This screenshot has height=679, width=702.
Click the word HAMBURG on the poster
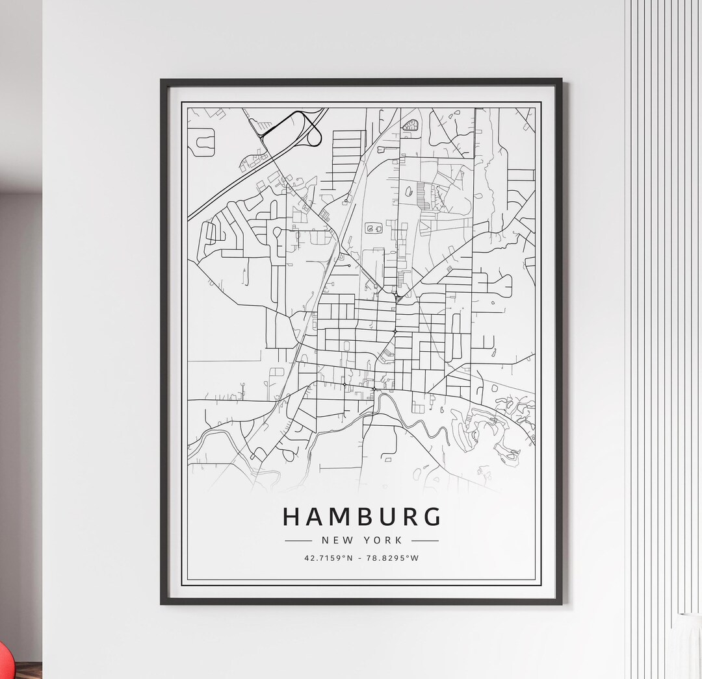[361, 517]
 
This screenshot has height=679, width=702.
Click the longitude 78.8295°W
[394, 558]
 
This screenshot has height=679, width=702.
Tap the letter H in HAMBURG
[292, 517]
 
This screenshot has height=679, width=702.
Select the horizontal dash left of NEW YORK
[298, 540]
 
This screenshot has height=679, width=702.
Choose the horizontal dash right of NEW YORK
[425, 540]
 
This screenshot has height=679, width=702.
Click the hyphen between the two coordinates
[361, 558]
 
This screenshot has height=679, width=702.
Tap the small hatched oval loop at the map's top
[409, 125]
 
